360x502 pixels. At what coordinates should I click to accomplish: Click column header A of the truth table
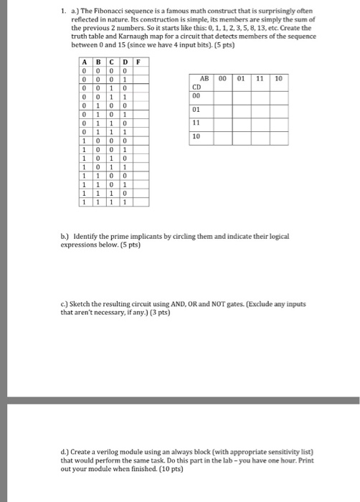85,62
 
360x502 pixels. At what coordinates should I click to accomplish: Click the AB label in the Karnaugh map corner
204,80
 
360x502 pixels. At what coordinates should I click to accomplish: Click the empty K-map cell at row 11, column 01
241,123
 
